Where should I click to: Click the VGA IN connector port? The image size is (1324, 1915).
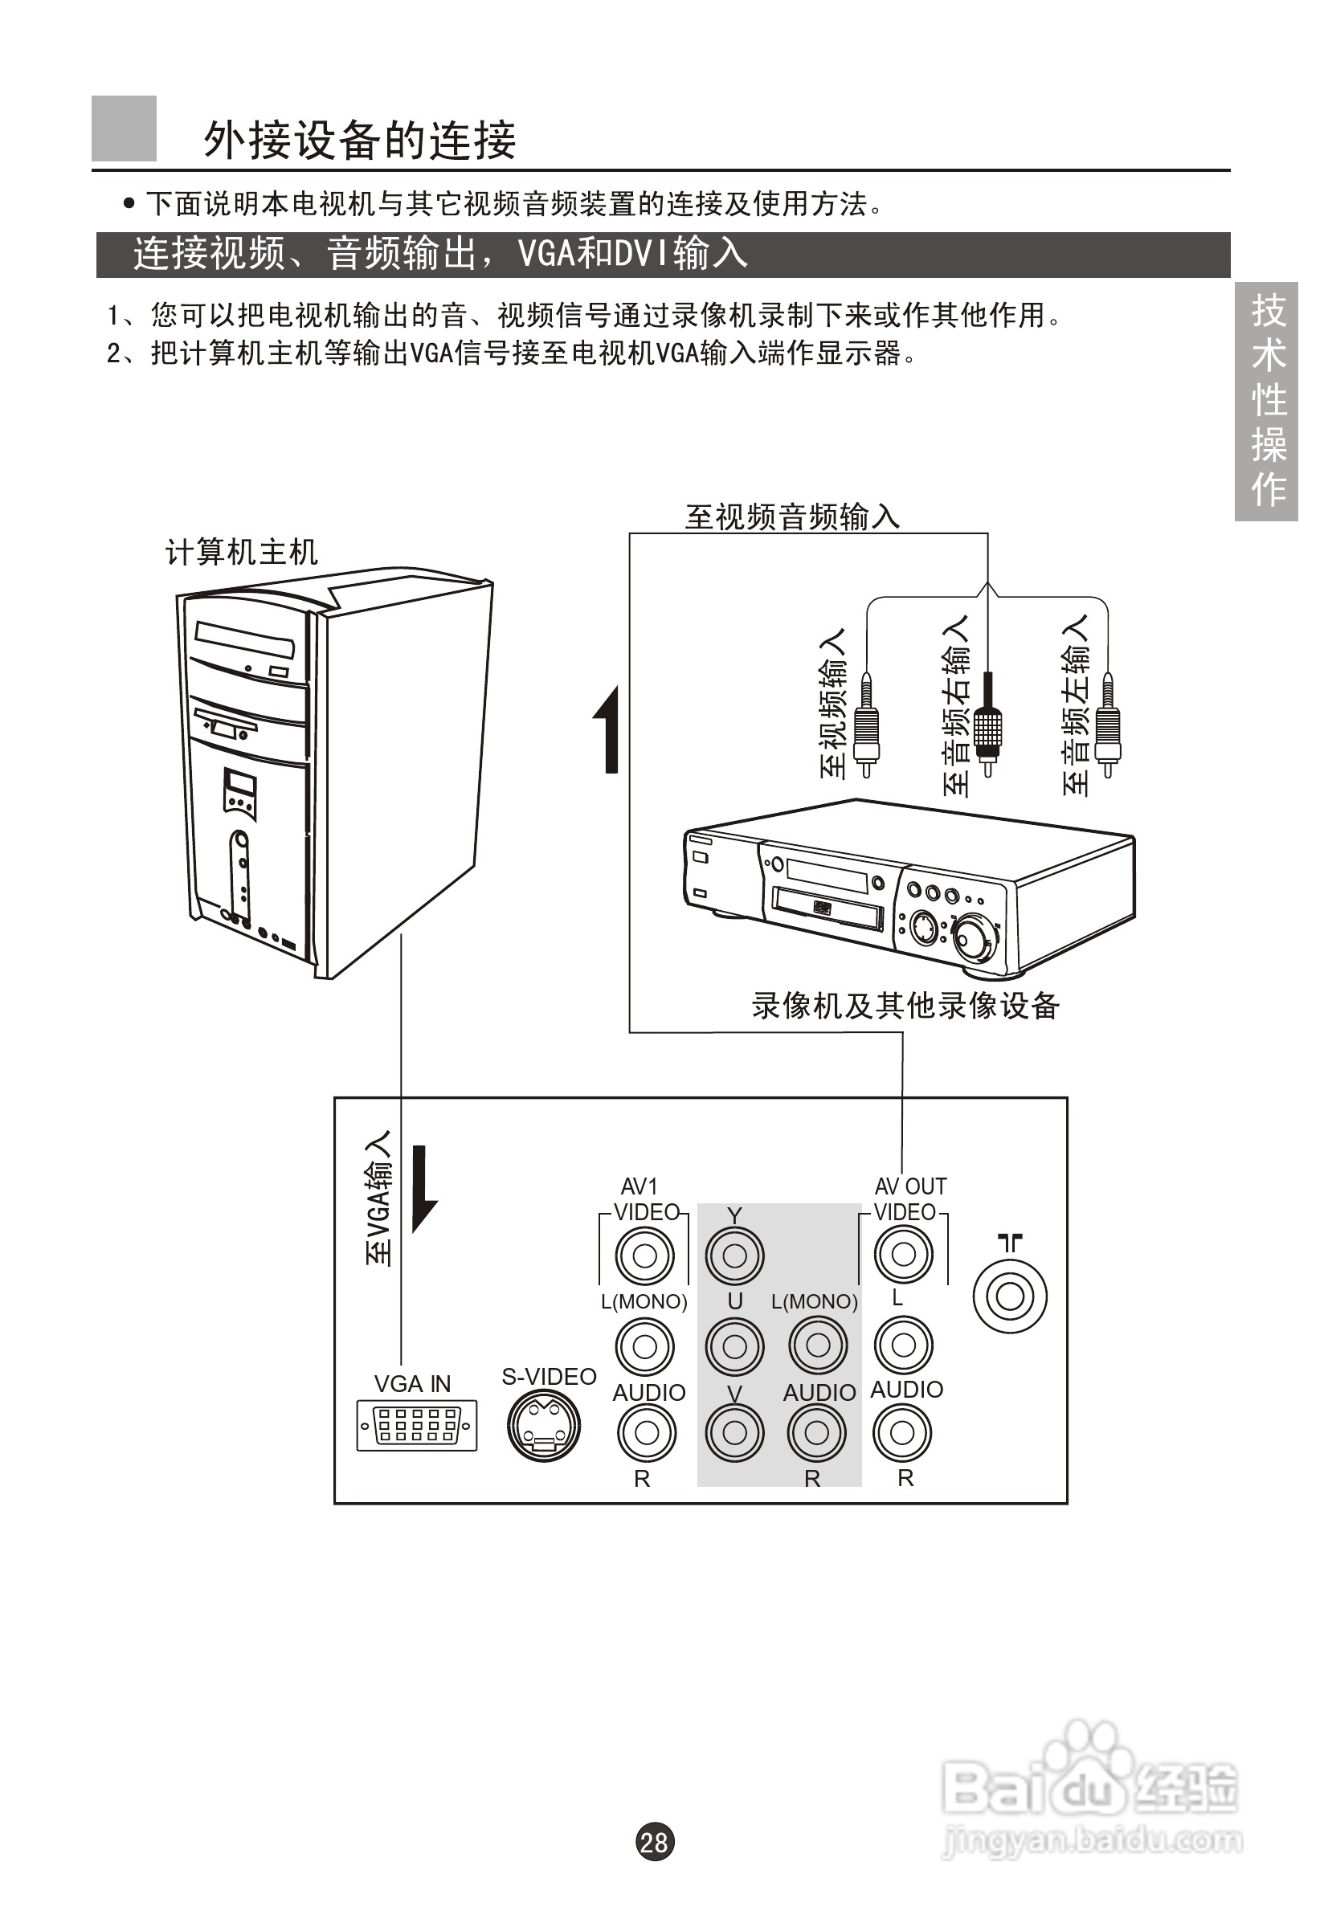coord(416,1425)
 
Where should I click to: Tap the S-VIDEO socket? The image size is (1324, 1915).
coord(544,1425)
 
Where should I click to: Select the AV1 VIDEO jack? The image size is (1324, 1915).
coord(644,1256)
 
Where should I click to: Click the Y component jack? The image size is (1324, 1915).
coord(734,1256)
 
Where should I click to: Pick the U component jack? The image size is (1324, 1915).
coord(734,1345)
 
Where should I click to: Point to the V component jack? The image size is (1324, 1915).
coord(734,1432)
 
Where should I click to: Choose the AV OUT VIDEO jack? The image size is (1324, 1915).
coord(903,1254)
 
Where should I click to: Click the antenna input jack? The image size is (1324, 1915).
coord(1010,1296)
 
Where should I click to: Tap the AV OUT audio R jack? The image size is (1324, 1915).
coord(901,1432)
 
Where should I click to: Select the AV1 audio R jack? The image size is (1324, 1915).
coord(646,1432)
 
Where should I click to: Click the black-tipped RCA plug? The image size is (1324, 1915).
coord(987,725)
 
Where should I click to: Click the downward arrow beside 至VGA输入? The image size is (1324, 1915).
coord(424,1190)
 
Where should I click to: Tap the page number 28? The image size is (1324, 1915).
coord(655,1842)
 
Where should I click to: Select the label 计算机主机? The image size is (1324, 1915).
coord(241,553)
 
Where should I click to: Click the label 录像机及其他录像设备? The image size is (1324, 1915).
coord(906,1005)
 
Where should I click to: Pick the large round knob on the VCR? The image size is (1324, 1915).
coord(975,938)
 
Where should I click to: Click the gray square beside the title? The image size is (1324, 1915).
coord(124,129)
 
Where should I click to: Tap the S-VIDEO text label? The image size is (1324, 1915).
coord(550,1377)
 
